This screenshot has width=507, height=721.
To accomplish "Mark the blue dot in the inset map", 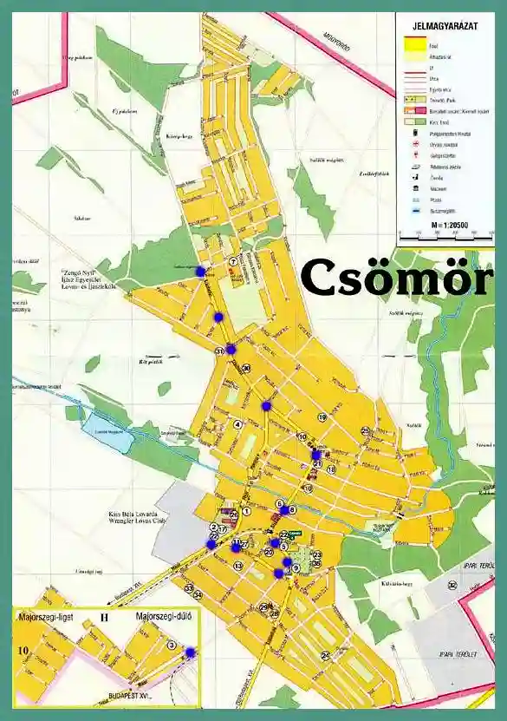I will pos(190,652).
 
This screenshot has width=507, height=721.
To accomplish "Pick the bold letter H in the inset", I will pos(104,618).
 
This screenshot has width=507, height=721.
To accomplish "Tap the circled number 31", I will pos(219,351).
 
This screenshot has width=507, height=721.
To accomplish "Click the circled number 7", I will pos(232,261).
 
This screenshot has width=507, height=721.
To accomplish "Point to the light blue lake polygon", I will pos(107,431).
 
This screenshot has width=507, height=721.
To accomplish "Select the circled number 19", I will pos(322,417).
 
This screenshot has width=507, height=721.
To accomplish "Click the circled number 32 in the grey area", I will pos(452,585).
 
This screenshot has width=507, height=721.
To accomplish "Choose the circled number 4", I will pos(237,424).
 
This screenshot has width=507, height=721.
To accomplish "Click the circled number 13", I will pos(237,566).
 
